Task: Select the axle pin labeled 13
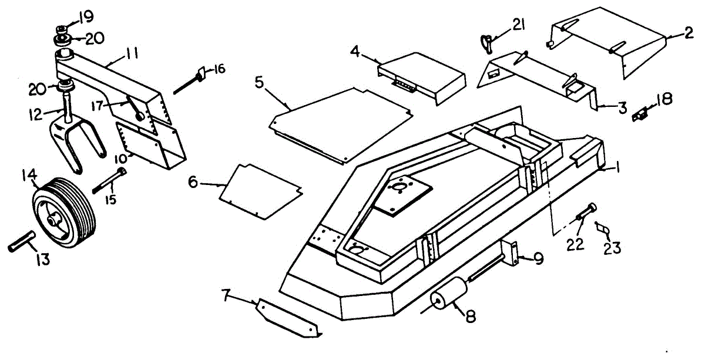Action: tap(22, 241)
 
